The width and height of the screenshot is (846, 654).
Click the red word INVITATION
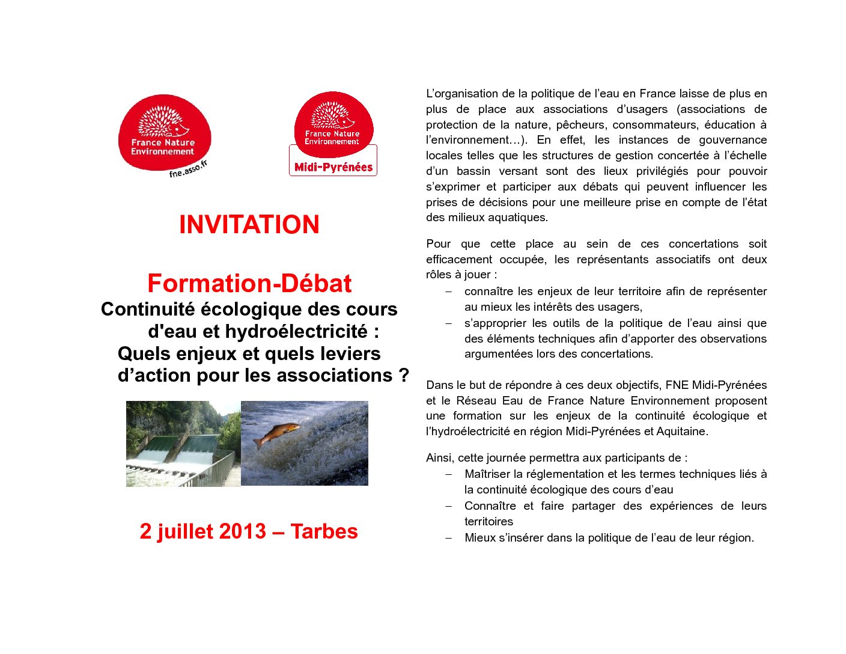249,225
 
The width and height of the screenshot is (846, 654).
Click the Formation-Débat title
249,284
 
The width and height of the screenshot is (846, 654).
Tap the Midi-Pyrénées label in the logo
333,167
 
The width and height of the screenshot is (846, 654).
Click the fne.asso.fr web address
188,169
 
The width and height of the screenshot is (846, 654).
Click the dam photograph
183,444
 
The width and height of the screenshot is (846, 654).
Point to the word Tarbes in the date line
324,531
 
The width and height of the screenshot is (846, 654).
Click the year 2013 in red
242,531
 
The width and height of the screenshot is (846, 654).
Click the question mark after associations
404,375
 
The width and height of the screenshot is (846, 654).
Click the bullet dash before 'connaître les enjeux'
448,292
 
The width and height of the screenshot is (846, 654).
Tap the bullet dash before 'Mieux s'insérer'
448,538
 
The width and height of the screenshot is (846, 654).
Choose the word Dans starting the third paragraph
439,385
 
